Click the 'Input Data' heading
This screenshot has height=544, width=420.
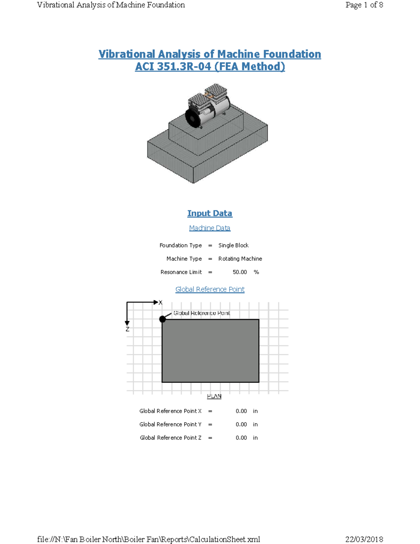210,213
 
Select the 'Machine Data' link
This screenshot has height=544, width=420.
210,228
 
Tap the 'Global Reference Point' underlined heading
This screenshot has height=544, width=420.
210,289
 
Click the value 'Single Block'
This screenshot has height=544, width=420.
233,246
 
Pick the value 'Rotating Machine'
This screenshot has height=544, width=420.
240,259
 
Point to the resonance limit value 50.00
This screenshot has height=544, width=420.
240,272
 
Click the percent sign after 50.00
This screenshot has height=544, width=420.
256,272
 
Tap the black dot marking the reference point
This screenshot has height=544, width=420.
162,319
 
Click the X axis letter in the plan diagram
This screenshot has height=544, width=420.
160,303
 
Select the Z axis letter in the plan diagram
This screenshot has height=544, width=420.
127,329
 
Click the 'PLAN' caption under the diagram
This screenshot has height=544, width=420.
214,396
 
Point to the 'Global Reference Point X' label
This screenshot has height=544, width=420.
170,411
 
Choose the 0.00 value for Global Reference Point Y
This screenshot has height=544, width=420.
241,425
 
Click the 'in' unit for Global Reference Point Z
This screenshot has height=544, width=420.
255,438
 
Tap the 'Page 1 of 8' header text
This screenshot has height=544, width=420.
364,5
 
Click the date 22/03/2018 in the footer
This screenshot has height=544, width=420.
364,539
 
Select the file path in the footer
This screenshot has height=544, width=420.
148,539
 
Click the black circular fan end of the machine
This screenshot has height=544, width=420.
192,118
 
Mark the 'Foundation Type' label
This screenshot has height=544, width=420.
181,246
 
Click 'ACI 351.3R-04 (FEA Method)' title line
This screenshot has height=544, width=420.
210,67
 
